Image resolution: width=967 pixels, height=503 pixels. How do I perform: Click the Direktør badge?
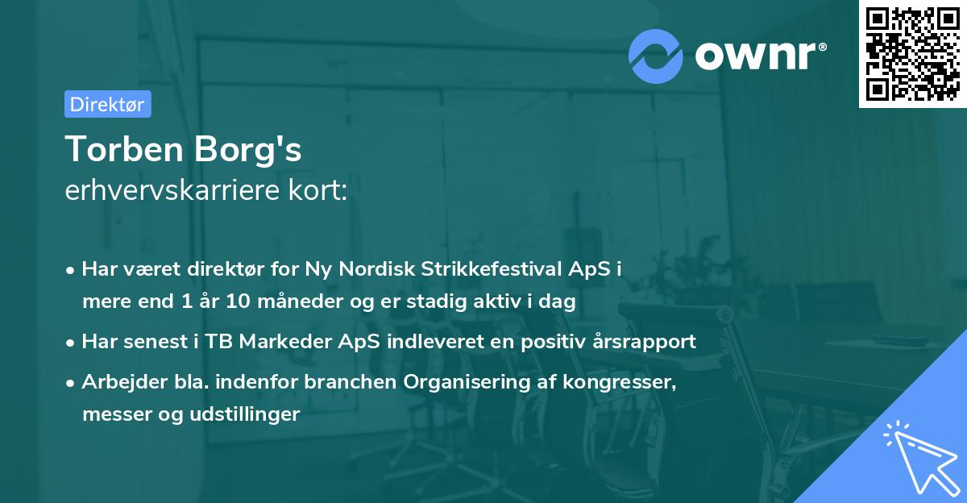point(107,104)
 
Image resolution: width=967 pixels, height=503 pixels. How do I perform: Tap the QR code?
point(912,54)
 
